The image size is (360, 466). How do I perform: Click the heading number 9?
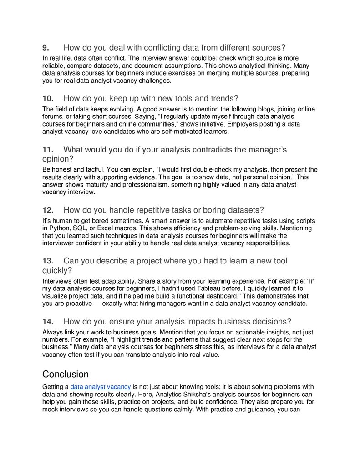pos(46,48)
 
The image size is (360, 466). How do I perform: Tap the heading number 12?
pos(48,210)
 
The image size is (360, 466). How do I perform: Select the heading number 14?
pos(48,321)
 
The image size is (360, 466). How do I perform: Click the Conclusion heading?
pos(66,374)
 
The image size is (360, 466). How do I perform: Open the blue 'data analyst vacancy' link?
pos(101,387)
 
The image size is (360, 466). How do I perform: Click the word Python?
pos(60,228)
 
